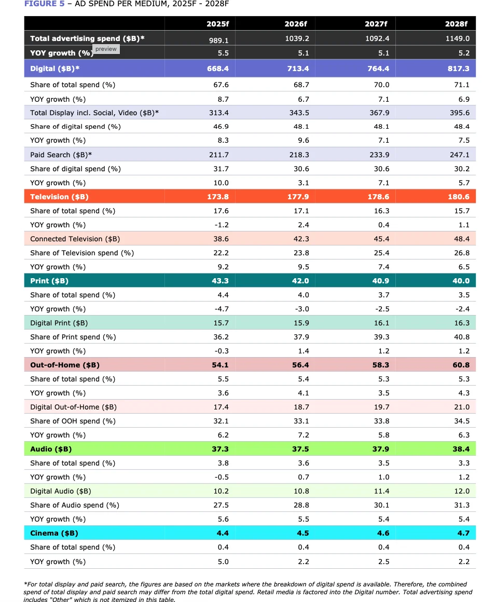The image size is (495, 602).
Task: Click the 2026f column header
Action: [296, 24]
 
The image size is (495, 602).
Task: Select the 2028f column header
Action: [456, 24]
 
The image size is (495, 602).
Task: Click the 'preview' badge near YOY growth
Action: [106, 49]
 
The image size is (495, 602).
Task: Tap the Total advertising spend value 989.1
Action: [218, 39]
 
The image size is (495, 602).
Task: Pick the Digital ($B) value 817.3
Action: [458, 69]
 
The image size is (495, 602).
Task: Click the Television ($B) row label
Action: [59, 197]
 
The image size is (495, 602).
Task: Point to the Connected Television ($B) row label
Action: [75, 239]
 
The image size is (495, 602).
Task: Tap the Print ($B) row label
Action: [49, 281]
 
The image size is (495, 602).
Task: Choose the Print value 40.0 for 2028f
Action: [460, 281]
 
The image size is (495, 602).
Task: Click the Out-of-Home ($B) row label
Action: [65, 365]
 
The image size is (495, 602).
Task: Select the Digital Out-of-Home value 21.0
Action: [461, 407]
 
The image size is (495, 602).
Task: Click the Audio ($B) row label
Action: [51, 449]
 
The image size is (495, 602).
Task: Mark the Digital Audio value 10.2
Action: [221, 491]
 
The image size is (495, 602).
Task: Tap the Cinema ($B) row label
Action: [54, 533]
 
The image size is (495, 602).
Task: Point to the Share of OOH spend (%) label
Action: [73, 421]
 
